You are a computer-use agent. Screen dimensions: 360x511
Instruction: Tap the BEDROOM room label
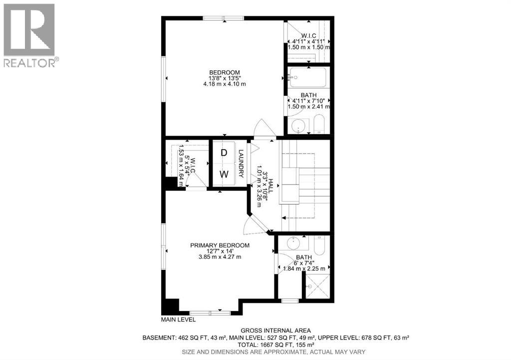pos(225,72)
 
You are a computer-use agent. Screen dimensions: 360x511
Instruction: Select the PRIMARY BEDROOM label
pos(220,245)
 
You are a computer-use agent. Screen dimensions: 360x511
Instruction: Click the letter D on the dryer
pos(224,153)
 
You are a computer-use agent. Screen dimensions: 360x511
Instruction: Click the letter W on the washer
pos(225,175)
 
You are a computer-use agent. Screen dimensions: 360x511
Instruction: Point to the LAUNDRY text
pos(241,164)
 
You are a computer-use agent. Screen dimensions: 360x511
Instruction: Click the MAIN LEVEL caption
pos(178,319)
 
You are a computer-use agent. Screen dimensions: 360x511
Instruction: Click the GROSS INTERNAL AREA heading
pos(275,330)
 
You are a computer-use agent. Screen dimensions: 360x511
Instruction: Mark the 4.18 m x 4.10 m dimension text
pos(225,84)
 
